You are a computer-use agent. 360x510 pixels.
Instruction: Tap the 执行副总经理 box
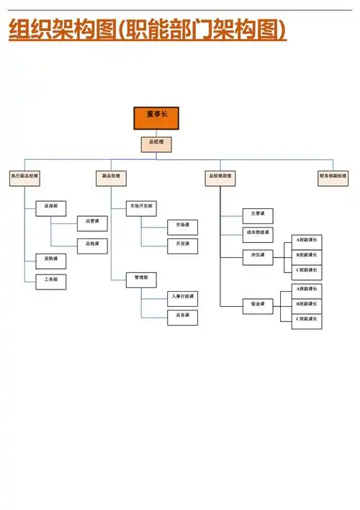(x=24, y=176)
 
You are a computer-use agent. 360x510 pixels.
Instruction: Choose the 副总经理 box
(x=111, y=176)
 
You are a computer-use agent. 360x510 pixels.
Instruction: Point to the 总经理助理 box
(x=220, y=176)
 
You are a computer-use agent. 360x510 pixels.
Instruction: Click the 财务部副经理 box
(x=333, y=176)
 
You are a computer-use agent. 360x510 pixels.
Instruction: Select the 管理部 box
(x=141, y=278)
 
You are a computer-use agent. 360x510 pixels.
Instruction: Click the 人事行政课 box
(x=183, y=297)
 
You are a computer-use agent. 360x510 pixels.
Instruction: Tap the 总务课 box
(x=183, y=316)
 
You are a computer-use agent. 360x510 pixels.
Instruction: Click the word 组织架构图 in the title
(x=62, y=32)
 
